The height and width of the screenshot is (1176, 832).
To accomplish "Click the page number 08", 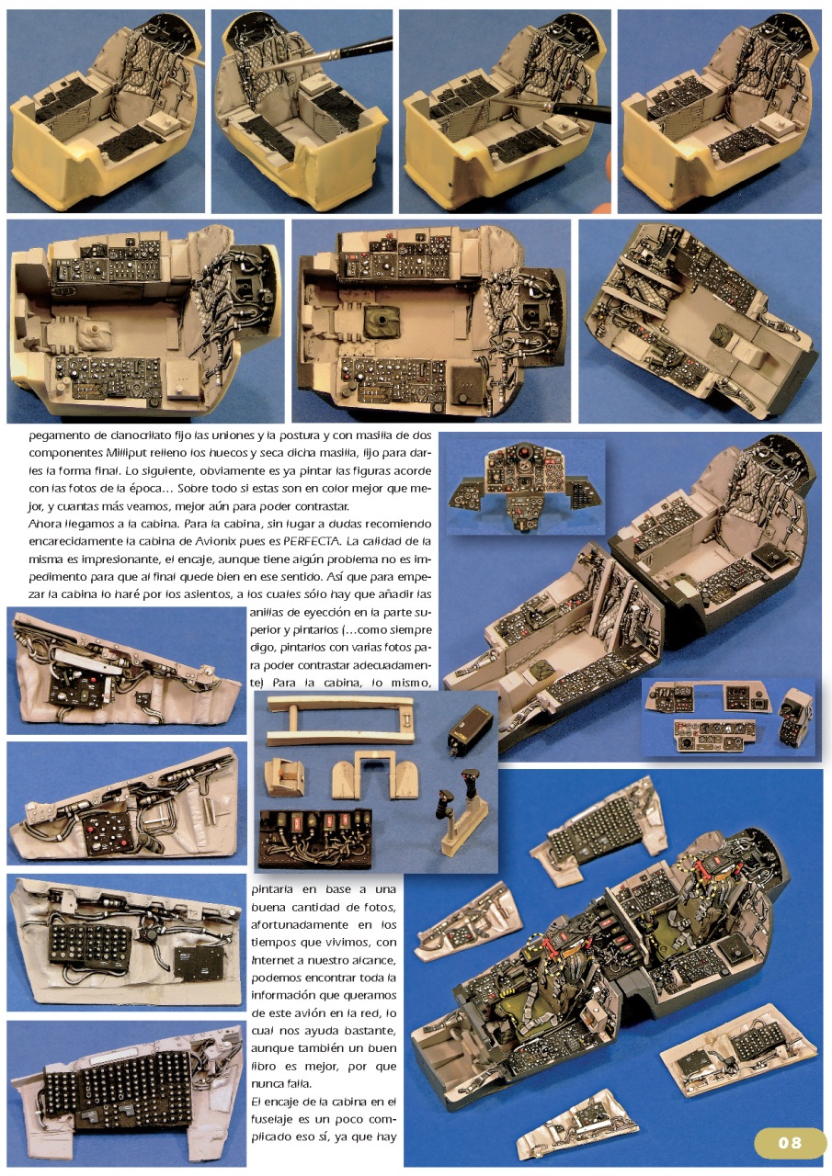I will coord(790,1142).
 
